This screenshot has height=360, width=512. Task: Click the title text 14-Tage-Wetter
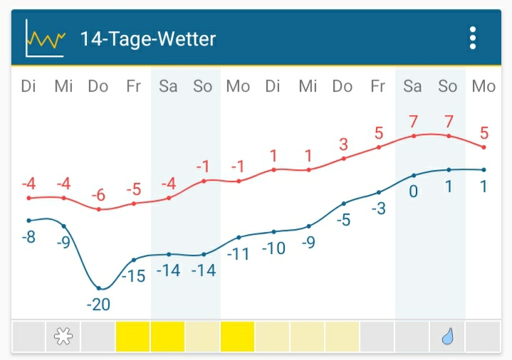click(148, 38)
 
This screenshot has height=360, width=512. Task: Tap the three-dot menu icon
click(473, 38)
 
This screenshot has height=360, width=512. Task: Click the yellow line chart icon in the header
click(45, 38)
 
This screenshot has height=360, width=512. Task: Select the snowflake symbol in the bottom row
click(63, 337)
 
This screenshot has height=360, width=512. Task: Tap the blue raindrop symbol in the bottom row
click(448, 337)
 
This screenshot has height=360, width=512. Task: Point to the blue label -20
click(98, 305)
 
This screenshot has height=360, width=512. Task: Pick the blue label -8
click(28, 237)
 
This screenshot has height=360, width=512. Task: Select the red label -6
click(98, 195)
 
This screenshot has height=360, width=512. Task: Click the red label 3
click(343, 144)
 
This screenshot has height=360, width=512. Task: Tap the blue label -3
click(378, 209)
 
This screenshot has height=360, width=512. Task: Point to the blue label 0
click(413, 191)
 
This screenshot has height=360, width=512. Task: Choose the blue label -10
click(273, 248)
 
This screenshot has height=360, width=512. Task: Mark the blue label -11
click(239, 253)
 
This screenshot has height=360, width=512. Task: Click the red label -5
click(134, 190)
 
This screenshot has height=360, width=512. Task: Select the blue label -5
click(344, 220)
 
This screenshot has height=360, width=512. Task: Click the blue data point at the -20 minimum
click(99, 288)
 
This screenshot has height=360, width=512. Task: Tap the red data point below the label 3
click(344, 158)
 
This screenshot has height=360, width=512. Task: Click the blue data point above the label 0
click(413, 175)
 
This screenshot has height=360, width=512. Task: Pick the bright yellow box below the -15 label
click(133, 337)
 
